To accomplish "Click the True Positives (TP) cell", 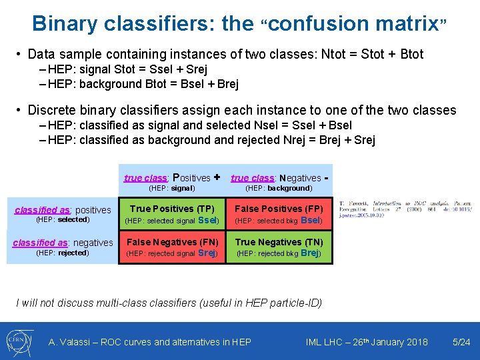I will tap(172, 214).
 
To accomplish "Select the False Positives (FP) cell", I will tap(279, 214).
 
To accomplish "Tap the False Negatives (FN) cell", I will tap(172, 247).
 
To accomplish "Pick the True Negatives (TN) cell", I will tap(279, 247).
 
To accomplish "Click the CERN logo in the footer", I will tap(21, 341).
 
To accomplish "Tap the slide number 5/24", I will tap(461, 342).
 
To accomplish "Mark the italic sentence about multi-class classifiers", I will tap(169, 303).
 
